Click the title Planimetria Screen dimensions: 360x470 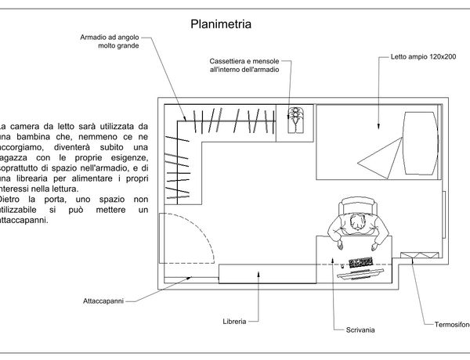220,24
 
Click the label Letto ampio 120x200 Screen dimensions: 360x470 418,57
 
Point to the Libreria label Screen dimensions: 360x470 234,322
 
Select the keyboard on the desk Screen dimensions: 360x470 361,261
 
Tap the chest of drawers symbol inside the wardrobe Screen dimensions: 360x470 295,121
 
